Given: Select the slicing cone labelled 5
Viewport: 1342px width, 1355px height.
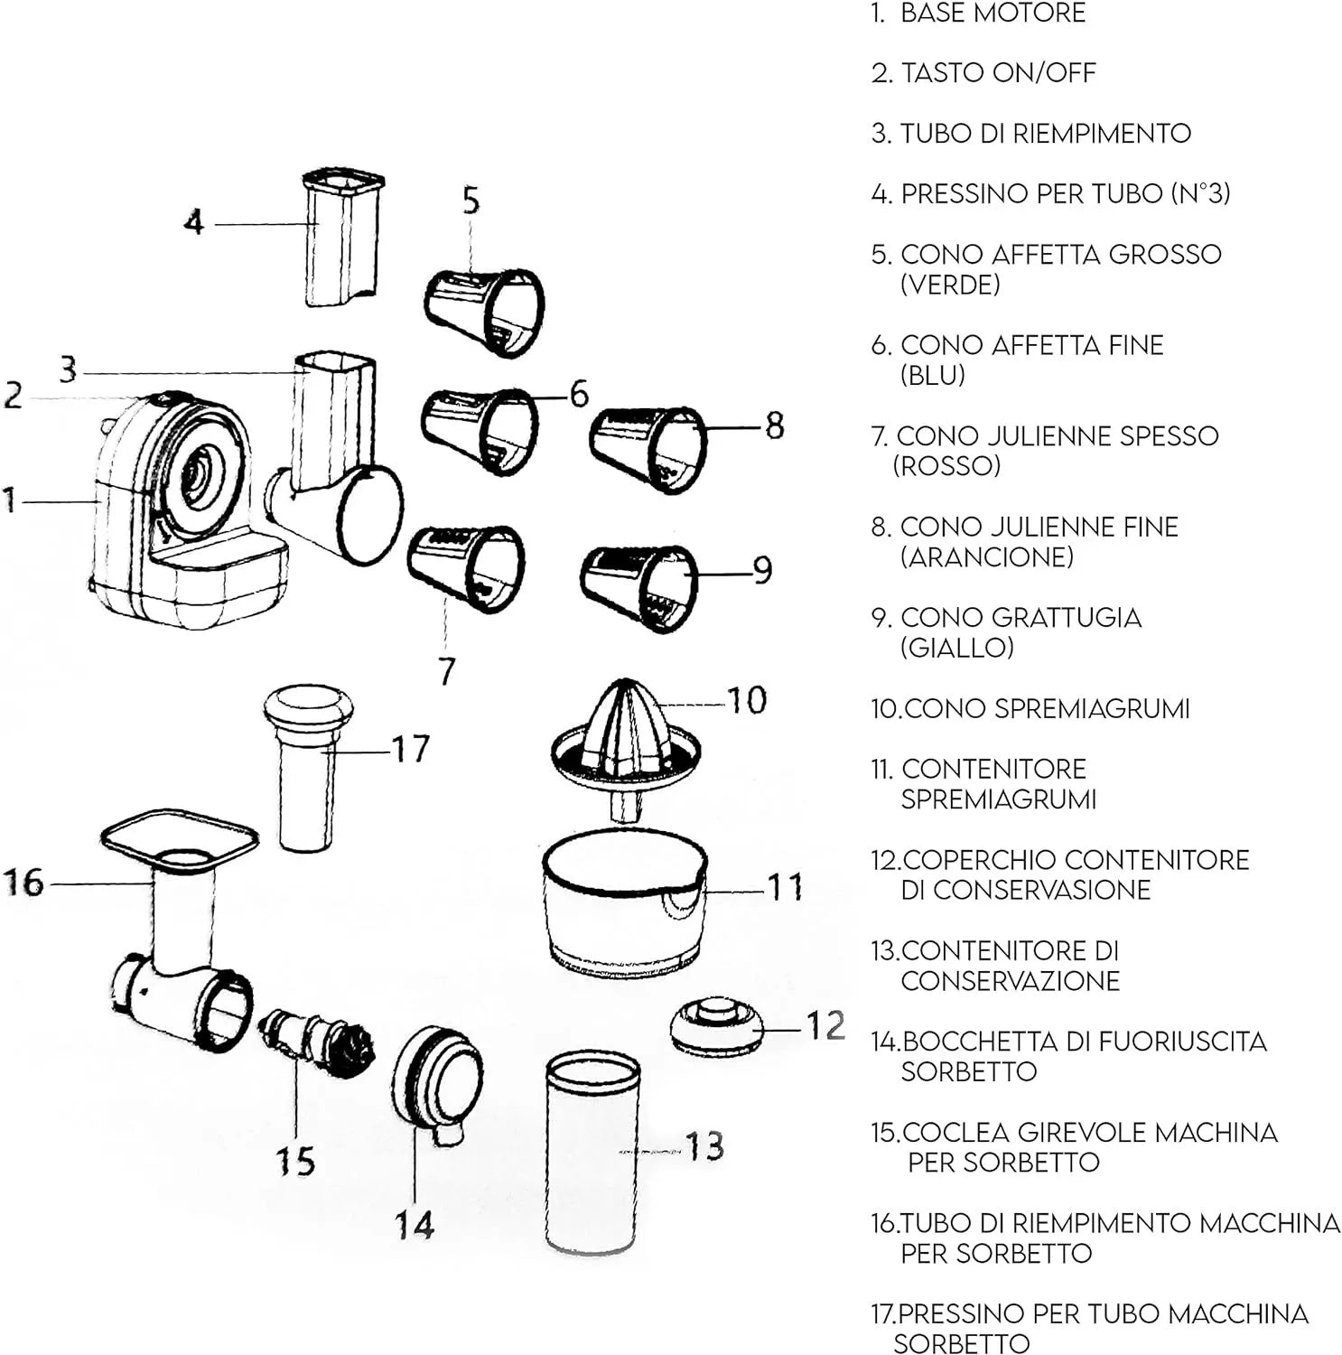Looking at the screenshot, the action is point(485,313).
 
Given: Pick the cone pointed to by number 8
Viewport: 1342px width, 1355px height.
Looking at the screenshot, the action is point(648,449).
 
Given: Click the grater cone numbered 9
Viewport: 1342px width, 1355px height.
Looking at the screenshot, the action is point(639,588).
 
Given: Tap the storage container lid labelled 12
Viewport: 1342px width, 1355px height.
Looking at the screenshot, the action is point(717,1027).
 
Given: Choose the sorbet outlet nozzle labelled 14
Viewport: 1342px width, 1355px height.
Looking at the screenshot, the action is point(437,1083).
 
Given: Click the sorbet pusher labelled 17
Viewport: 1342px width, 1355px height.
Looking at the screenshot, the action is point(308,768).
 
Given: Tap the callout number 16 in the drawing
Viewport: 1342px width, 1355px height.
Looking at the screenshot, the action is point(24,883).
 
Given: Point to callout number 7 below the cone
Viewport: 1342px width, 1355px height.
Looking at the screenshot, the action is point(446,671).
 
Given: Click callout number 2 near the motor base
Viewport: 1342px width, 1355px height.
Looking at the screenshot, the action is point(13,396).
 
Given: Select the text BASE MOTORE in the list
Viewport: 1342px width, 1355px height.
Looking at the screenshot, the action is point(993,14).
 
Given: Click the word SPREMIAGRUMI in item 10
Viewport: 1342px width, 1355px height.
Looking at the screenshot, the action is point(1047,708).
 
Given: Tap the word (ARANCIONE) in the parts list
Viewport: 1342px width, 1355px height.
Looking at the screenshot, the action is point(987,557).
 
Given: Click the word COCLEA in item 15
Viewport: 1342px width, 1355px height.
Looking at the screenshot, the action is point(955,1132).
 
